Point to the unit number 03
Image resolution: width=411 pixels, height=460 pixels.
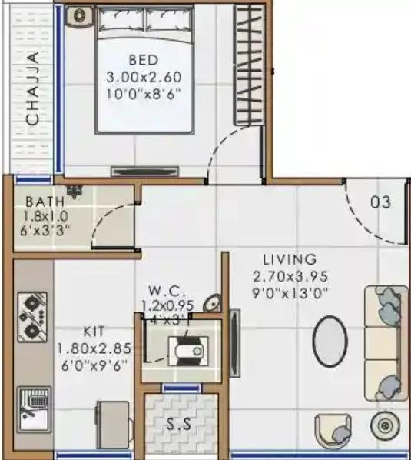click(380, 202)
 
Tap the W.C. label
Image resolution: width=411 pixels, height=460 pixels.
click(165, 291)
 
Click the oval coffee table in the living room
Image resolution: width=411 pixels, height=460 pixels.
click(332, 342)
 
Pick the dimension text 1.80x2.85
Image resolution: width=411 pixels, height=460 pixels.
click(92, 348)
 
